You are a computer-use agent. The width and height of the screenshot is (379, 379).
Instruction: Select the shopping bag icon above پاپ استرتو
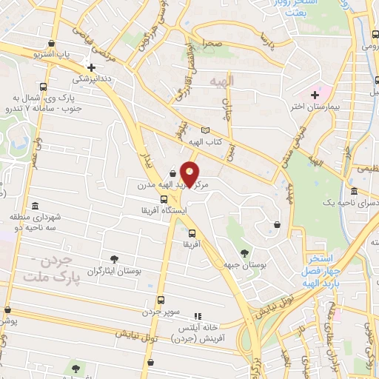click(x=50, y=44)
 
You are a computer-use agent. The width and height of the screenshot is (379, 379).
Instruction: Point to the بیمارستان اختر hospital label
click(x=330, y=108)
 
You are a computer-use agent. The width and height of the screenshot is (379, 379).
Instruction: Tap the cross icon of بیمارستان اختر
click(x=315, y=94)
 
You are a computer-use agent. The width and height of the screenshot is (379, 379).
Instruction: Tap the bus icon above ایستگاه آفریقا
click(x=164, y=199)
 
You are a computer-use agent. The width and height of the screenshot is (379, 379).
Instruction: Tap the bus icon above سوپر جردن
click(x=161, y=301)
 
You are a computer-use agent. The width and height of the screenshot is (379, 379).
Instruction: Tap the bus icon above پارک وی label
click(x=43, y=86)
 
